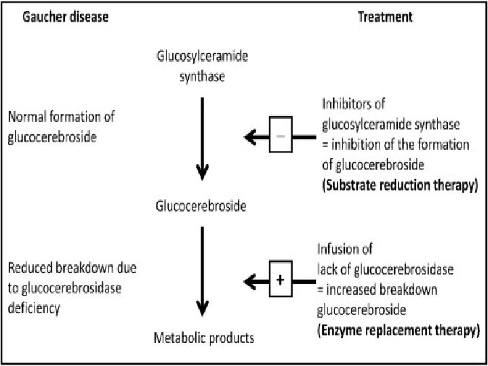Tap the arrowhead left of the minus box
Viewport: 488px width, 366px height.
tap(250, 138)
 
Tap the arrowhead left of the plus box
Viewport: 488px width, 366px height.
tap(250, 280)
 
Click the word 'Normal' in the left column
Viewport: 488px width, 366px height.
tap(26, 116)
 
